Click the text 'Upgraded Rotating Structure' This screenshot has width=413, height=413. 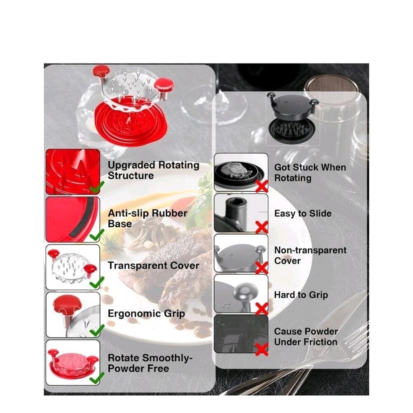tap(153, 171)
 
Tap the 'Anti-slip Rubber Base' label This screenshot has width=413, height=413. tap(147, 218)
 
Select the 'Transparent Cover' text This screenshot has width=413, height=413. tap(153, 266)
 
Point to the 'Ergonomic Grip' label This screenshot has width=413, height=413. tap(146, 314)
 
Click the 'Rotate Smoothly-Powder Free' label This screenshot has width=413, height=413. tap(150, 363)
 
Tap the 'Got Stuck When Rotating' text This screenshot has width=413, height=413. tap(310, 173)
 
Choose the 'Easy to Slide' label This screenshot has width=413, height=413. tap(303, 214)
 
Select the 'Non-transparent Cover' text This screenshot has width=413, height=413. tap(310, 255)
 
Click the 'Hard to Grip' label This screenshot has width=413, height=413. tap(301, 295)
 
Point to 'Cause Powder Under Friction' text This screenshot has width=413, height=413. tap(306, 337)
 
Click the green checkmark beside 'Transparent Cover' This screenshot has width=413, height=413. tap(97, 282)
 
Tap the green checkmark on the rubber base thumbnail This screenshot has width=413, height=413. tap(97, 235)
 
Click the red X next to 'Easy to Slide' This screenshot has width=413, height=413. tap(262, 227)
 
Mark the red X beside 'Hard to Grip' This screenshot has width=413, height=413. tap(262, 309)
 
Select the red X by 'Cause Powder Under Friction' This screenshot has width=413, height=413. tap(262, 350)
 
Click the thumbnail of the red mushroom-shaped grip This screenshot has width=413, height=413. tap(73, 315)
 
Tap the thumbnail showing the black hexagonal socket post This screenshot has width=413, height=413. tap(241, 213)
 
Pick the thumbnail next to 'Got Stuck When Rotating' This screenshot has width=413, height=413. tap(241, 172)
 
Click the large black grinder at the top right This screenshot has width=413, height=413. tap(293, 117)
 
